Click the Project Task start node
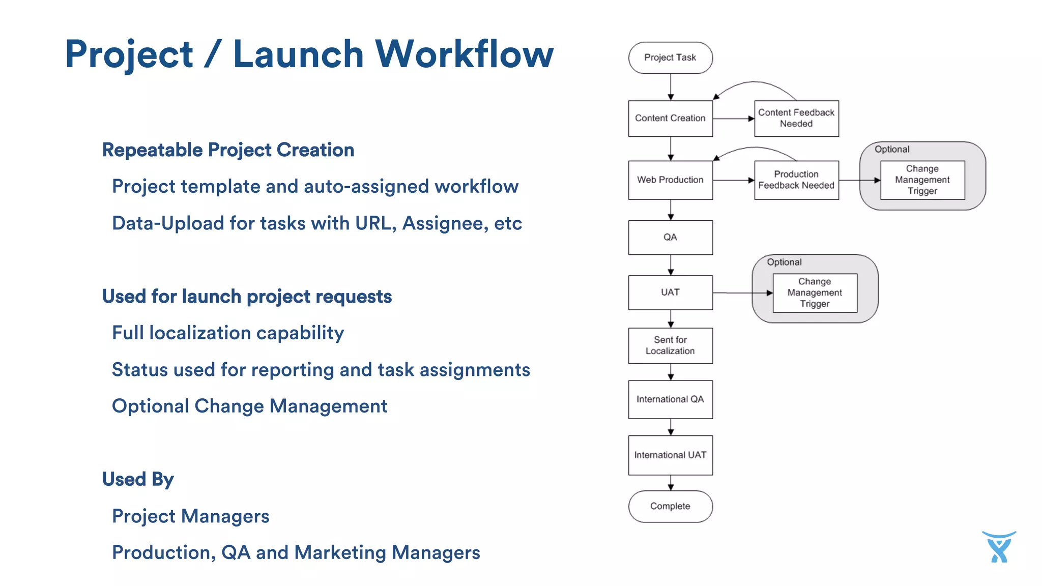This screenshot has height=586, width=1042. pos(670,57)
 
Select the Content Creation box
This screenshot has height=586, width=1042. pos(670,118)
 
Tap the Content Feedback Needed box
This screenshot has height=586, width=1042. pos(796,118)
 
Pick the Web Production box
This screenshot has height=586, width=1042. pos(670,180)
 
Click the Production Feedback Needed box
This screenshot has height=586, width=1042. pos(796,180)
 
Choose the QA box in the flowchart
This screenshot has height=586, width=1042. pos(670,237)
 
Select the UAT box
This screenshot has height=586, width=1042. pos(670,292)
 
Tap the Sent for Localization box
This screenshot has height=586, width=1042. pos(670,345)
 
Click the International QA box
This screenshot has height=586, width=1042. pos(670,399)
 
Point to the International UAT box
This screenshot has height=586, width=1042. pos(670,455)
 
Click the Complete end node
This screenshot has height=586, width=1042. pos(670,506)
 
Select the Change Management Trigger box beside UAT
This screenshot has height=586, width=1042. pos(814,292)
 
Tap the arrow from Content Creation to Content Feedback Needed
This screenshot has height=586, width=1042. pos(733,119)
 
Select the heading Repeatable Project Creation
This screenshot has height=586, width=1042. pos(228,150)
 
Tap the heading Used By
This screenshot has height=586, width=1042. pos(138,479)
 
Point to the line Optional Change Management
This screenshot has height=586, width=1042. pos(249,406)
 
